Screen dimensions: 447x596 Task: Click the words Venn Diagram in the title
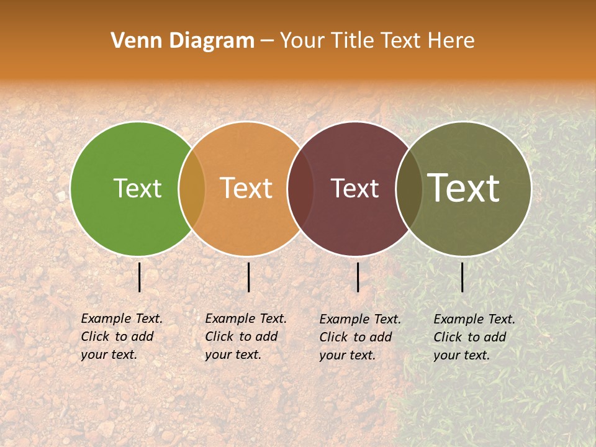click(183, 41)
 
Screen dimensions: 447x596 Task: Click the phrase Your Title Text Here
click(377, 41)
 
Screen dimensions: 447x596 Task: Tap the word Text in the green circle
click(137, 188)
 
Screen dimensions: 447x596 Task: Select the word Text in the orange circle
click(246, 188)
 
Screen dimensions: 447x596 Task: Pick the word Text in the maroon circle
click(354, 188)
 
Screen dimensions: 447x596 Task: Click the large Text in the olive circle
click(464, 188)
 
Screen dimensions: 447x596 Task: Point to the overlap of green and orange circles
click(192, 188)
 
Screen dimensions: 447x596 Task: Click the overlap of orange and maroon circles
click(300, 188)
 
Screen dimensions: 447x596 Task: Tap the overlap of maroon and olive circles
click(408, 188)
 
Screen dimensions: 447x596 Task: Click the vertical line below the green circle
click(140, 277)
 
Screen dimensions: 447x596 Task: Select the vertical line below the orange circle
click(248, 277)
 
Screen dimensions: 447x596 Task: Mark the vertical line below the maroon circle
click(358, 277)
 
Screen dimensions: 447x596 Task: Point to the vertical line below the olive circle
click(463, 277)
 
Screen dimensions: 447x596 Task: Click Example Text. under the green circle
click(122, 318)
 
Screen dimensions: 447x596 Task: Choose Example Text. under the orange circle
click(246, 318)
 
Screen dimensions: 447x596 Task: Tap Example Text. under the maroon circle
click(360, 319)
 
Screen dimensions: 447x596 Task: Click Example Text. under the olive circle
click(474, 319)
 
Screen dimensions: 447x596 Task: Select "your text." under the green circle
click(109, 355)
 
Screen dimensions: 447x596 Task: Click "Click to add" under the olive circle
click(470, 337)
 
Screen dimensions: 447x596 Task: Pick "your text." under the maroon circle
click(347, 356)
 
